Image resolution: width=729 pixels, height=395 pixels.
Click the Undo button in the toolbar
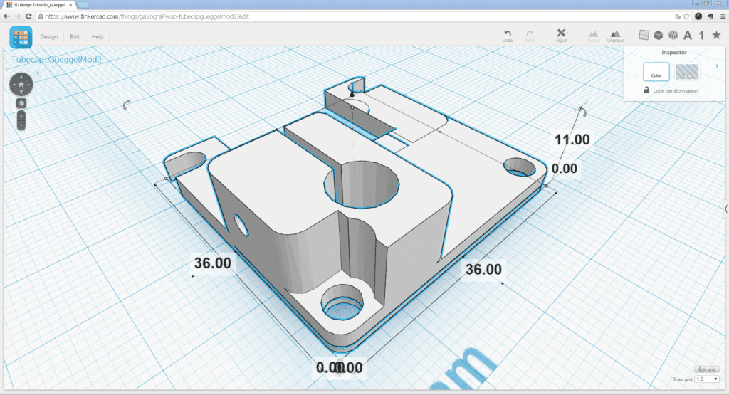507,36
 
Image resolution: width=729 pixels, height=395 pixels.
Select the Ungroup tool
615,36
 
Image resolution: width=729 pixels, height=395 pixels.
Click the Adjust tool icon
561,36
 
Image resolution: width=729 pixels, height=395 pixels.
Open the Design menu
49,36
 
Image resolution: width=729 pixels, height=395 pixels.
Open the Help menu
98,36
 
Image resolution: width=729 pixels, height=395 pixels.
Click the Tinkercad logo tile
21,37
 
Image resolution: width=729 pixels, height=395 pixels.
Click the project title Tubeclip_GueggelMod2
56,59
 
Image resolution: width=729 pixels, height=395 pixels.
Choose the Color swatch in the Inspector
656,72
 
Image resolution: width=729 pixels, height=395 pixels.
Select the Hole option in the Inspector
686,72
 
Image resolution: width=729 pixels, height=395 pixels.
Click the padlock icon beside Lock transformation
646,90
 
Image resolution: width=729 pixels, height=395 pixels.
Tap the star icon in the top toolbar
715,36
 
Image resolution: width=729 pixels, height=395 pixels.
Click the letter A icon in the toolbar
688,36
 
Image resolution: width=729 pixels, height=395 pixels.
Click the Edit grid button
707,369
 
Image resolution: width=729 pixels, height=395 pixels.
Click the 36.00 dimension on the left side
212,263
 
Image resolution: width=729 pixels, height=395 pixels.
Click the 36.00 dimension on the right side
483,269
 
